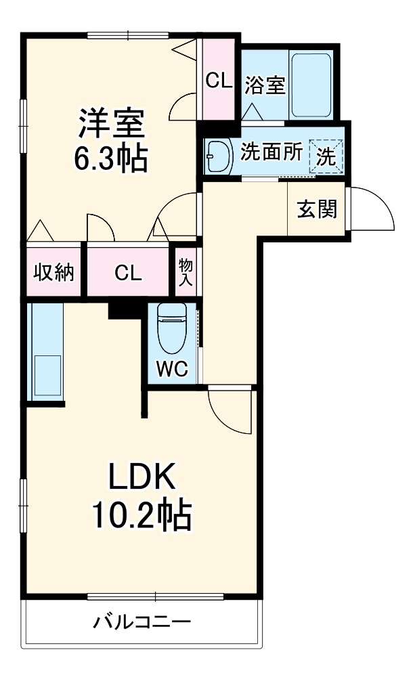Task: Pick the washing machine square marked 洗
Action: point(326,156)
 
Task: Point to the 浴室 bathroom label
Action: point(265,86)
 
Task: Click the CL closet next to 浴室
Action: point(219,81)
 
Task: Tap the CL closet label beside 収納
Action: point(127,273)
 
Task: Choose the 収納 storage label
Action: point(54,273)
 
